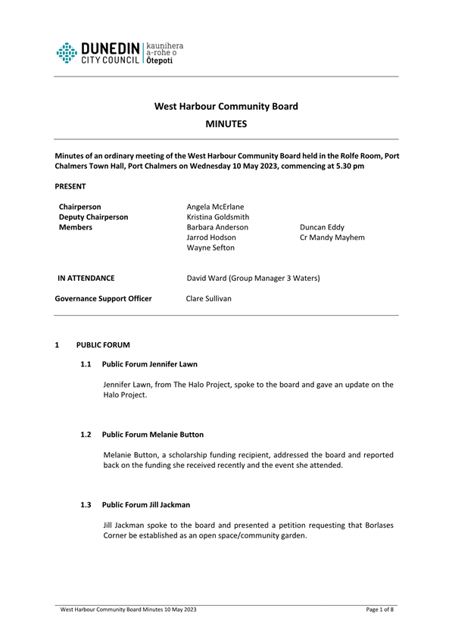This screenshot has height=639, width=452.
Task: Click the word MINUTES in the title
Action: pyautogui.click(x=226, y=123)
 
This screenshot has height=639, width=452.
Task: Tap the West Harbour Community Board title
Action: pyautogui.click(x=226, y=106)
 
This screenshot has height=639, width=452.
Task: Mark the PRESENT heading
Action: pyautogui.click(x=70, y=185)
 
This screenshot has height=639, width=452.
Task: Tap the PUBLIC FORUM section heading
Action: pyautogui.click(x=103, y=345)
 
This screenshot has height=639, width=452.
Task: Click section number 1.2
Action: pyautogui.click(x=86, y=435)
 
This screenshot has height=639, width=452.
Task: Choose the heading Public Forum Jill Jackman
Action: pyautogui.click(x=148, y=504)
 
